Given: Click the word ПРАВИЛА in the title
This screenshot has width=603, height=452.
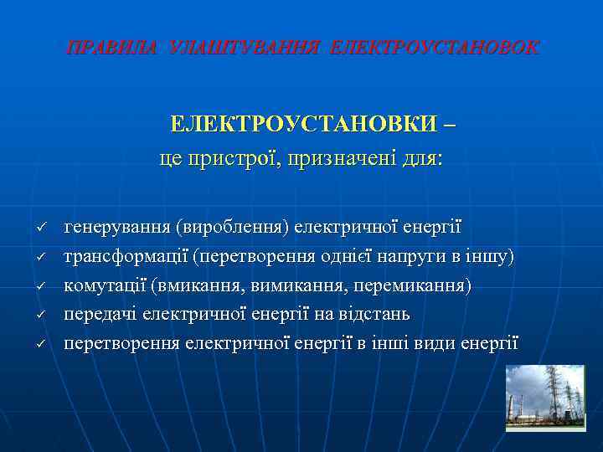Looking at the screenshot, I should click(111, 48).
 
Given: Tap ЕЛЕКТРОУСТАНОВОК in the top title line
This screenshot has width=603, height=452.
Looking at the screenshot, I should click(435, 48).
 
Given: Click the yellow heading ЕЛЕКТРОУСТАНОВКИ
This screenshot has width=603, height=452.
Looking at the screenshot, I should click(303, 124).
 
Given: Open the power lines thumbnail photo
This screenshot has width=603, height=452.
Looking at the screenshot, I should click(545, 398).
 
